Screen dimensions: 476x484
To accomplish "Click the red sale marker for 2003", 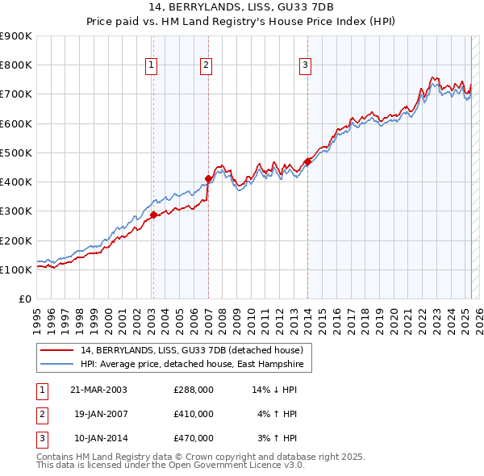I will point(153,215).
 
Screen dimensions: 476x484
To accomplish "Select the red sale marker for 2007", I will point(208,178).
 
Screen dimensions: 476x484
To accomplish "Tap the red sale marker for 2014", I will point(307,161).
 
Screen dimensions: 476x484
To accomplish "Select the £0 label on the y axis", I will point(24,299).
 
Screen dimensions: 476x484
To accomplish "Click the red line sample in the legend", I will point(57,350).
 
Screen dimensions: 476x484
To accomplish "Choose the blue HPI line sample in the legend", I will point(57,365).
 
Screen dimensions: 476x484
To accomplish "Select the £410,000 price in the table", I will point(194,414).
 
